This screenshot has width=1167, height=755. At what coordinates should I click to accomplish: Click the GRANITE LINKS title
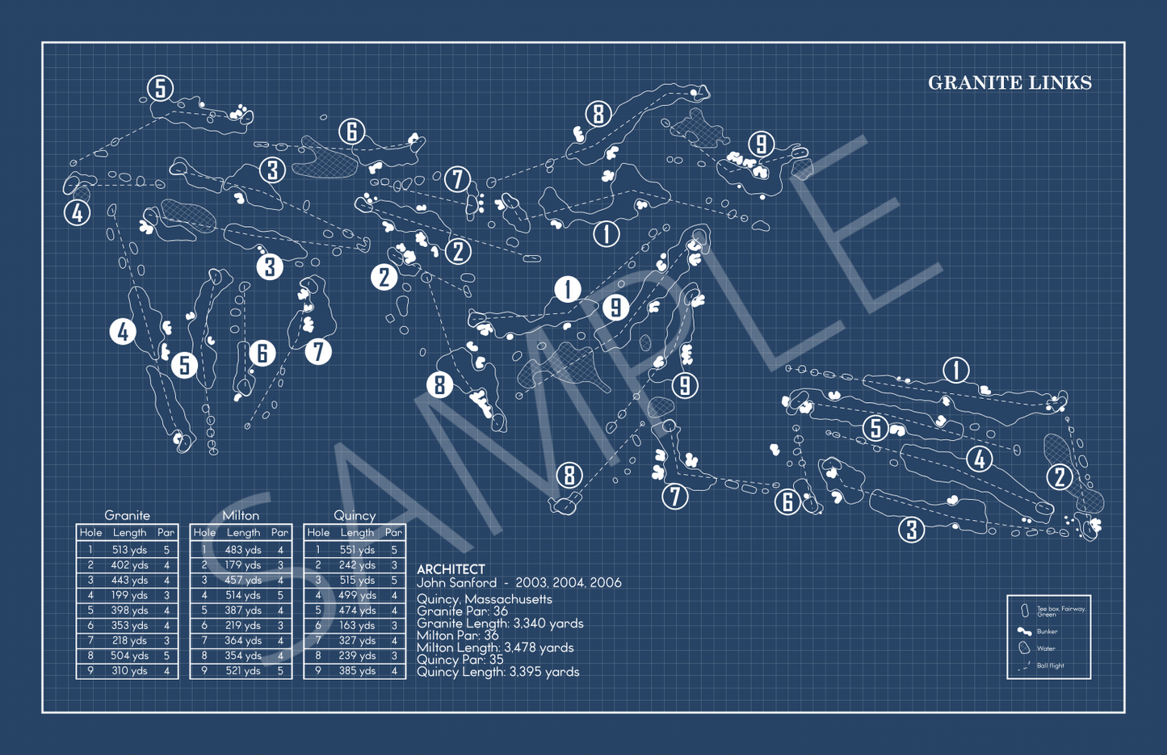coord(1010,83)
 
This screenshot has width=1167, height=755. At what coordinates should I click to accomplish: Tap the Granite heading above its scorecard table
coord(127,515)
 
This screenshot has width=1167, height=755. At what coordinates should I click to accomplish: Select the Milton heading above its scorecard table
coord(241,515)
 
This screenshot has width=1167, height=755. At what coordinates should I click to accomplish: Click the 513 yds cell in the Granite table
coord(129,550)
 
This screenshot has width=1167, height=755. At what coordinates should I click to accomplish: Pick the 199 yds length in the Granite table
coord(129,595)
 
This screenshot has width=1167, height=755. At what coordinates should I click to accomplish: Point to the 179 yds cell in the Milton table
coord(243,565)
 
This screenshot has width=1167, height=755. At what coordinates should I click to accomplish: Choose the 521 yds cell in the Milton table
coord(243,671)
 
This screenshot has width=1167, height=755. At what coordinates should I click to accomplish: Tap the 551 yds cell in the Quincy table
coord(356,550)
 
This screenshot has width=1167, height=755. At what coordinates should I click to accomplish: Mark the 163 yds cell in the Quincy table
coord(356,626)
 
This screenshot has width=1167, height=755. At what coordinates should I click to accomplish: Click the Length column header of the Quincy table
coord(356,533)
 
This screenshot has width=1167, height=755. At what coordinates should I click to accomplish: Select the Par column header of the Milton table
coord(279,533)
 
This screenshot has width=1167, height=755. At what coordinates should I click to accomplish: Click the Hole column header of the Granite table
coord(90,533)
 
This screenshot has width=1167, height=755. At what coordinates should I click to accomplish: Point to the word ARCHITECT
coord(451,569)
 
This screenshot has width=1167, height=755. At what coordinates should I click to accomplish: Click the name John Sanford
coord(456,583)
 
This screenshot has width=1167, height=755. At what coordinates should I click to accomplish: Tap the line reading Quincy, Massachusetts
coord(485,599)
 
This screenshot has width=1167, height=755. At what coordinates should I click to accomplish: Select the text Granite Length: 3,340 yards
coord(500,623)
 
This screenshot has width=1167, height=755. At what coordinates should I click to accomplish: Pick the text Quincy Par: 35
coord(460,660)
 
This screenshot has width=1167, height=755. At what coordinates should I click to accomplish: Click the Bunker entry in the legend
coord(1047,632)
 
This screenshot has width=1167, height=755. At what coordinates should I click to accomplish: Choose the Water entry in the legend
coord(1045,648)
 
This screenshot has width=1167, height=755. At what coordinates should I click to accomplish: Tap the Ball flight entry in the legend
coord(1050,666)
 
